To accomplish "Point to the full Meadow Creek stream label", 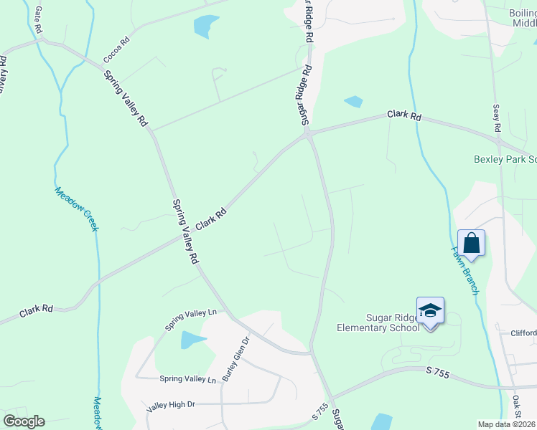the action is [x=75, y=209].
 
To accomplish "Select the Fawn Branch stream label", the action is [x=464, y=270].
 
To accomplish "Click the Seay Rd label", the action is [x=496, y=118].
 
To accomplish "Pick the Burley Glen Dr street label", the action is [x=235, y=358].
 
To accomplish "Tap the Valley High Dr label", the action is [x=171, y=405].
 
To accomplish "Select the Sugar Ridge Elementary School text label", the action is [x=378, y=322].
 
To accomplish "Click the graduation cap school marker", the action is [x=430, y=311].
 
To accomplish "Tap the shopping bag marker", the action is [x=471, y=243].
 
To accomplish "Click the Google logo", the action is [x=24, y=421].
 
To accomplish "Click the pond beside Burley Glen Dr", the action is [x=192, y=340].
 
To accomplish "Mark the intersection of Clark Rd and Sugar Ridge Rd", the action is [x=307, y=133].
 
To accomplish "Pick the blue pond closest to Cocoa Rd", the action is [x=205, y=27].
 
